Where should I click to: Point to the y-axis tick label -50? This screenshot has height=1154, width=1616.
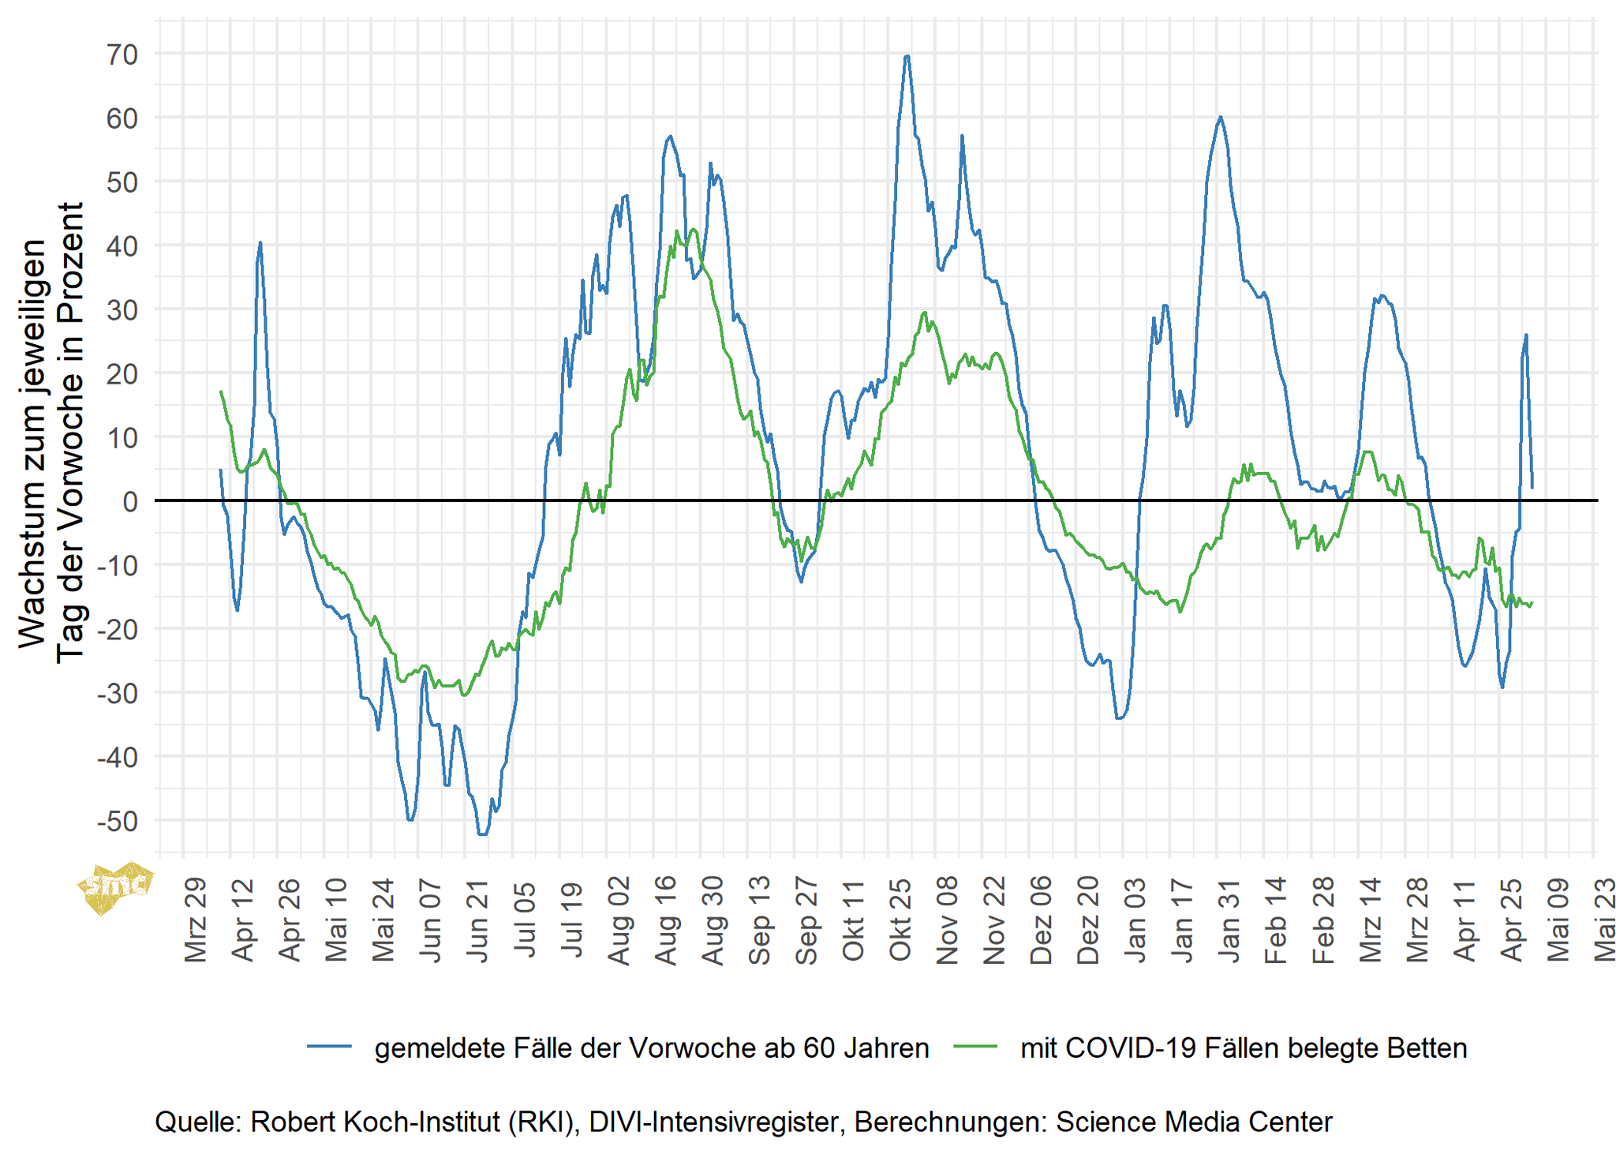click(118, 821)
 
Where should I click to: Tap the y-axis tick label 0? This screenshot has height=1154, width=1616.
click(130, 501)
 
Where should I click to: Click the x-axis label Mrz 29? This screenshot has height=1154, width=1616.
click(196, 920)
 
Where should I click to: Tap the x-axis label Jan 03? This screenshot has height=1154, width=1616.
click(1135, 920)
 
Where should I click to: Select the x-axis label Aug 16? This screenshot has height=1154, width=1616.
click(666, 920)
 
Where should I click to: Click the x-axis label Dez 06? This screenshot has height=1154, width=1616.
click(1042, 920)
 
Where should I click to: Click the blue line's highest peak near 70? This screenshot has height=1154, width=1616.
click(907, 56)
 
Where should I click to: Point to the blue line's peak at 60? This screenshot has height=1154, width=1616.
click(1220, 117)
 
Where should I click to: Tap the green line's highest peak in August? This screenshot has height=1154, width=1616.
click(694, 230)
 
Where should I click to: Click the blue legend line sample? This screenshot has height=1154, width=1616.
click(329, 1047)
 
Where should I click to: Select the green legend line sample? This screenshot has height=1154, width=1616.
click(975, 1047)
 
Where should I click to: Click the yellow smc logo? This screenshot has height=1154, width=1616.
click(115, 887)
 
